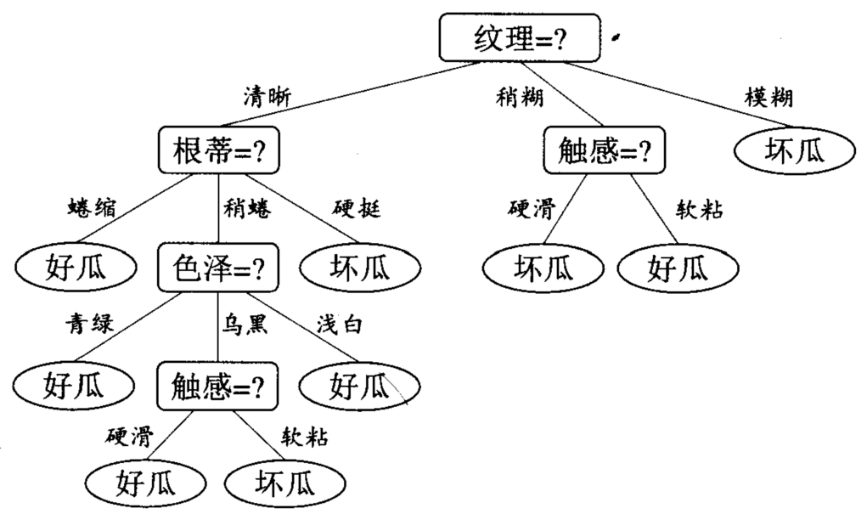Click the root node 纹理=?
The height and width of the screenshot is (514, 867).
tap(519, 37)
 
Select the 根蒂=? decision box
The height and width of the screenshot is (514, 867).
tap(219, 150)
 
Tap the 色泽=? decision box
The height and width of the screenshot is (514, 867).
tap(218, 268)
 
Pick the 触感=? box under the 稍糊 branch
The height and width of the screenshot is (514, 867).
tap(605, 150)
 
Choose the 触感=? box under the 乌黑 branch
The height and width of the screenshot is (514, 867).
tap(217, 387)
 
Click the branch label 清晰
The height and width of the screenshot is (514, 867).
tap(267, 97)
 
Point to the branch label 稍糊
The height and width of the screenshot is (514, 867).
tap(520, 98)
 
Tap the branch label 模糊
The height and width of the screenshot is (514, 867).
tap(768, 98)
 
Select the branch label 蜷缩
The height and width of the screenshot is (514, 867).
tap(93, 208)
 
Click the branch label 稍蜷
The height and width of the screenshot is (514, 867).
tap(248, 209)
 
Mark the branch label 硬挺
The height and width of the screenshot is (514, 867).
tap(357, 209)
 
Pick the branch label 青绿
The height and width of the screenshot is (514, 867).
tap(89, 323)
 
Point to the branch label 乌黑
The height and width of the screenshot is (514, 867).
tap(245, 323)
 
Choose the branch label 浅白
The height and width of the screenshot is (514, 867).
tap(340, 325)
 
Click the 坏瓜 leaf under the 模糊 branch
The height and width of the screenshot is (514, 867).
tap(795, 150)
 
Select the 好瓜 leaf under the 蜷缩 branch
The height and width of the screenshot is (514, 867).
tap(76, 268)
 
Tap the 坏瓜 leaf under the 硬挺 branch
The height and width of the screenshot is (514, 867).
tap(360, 268)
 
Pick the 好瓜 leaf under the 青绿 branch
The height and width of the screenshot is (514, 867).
tap(74, 386)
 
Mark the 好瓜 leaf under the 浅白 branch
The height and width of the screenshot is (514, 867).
tap(359, 386)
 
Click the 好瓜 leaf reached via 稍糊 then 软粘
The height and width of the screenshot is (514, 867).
tap(678, 268)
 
